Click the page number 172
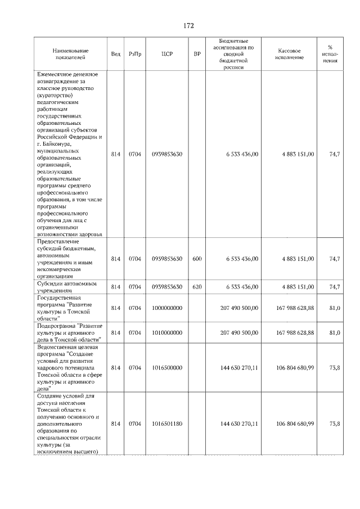coord(188,26)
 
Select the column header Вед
coord(115,54)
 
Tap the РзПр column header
coord(135,54)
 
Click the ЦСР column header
coord(166,54)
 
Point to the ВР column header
coord(197,54)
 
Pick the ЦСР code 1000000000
coord(167,308)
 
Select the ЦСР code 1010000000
coord(167,332)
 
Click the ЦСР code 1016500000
coord(167,368)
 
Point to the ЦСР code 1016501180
coord(167,424)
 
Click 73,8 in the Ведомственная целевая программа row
coord(334,368)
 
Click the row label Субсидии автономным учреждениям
coord(70,287)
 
